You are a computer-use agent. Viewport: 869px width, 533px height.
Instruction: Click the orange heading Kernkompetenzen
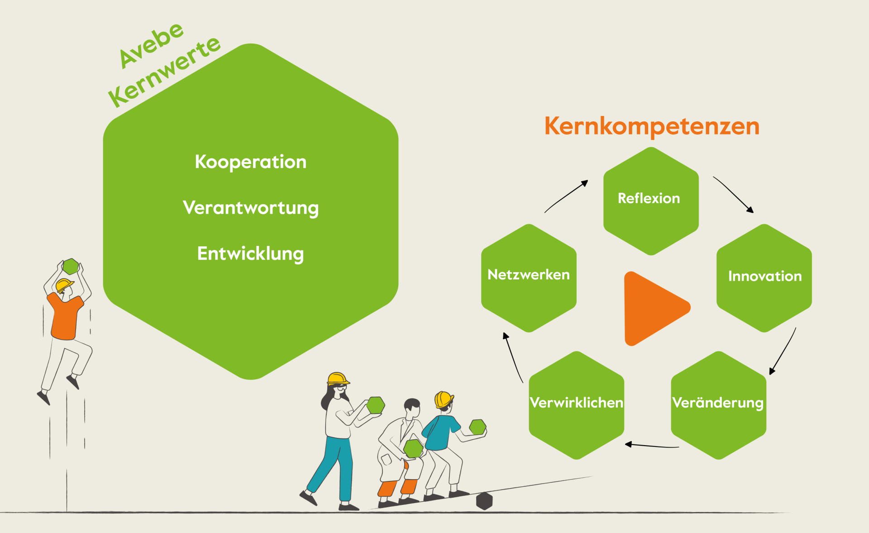(652, 126)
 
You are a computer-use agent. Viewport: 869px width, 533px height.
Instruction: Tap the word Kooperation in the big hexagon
(251, 162)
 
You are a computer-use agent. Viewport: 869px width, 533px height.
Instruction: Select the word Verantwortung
(251, 208)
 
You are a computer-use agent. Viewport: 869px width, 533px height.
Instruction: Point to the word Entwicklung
(250, 254)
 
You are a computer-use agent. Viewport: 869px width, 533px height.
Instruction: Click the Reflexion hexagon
(651, 201)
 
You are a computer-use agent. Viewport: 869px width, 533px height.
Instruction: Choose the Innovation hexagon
(764, 278)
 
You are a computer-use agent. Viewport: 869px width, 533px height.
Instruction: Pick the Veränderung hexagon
(718, 405)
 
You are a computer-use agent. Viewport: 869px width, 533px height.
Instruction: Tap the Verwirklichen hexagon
(577, 405)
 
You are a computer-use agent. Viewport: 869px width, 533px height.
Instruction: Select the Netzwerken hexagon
(529, 278)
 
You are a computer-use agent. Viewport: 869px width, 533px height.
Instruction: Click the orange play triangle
(652, 308)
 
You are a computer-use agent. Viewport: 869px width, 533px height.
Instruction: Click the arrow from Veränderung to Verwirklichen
(652, 446)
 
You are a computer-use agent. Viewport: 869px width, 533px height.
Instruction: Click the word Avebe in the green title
(151, 45)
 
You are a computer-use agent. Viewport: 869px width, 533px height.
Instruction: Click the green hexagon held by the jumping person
(71, 266)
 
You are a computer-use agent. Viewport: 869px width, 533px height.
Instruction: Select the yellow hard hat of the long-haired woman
(338, 379)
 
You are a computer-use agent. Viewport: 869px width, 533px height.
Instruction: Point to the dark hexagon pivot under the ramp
(484, 501)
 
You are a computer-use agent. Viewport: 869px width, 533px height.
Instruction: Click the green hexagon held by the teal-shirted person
(477, 427)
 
